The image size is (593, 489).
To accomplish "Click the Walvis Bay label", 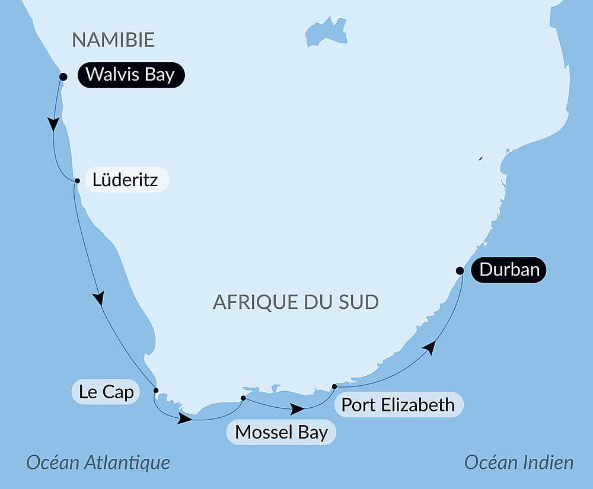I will pos(130,75).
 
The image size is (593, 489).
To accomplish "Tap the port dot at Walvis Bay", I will pos(63,76).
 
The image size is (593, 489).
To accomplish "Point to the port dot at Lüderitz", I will pos(77,181).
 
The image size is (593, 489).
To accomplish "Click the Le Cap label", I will pos(106,392).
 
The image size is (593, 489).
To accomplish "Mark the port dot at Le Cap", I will pos(156,390).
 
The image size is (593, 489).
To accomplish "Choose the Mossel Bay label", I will pos(281,432).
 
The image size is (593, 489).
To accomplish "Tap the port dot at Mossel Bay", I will pos(243,398).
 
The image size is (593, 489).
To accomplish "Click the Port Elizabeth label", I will pos(398,405).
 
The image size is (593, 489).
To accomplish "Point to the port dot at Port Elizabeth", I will pos(334,386).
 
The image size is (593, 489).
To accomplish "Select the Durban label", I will pos(509,270).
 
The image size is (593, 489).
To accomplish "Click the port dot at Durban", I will pos(460,271).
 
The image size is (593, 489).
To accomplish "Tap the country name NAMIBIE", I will pos(113,40).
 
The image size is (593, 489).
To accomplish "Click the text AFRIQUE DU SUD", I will pos(295,302).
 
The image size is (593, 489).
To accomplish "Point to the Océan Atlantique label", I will pos(98,462).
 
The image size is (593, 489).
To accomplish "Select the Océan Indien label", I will pos(519,462).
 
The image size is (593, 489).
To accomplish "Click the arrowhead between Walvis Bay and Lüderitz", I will pos(54,124).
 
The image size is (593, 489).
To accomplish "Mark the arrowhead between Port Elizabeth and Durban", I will pos(431,347).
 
